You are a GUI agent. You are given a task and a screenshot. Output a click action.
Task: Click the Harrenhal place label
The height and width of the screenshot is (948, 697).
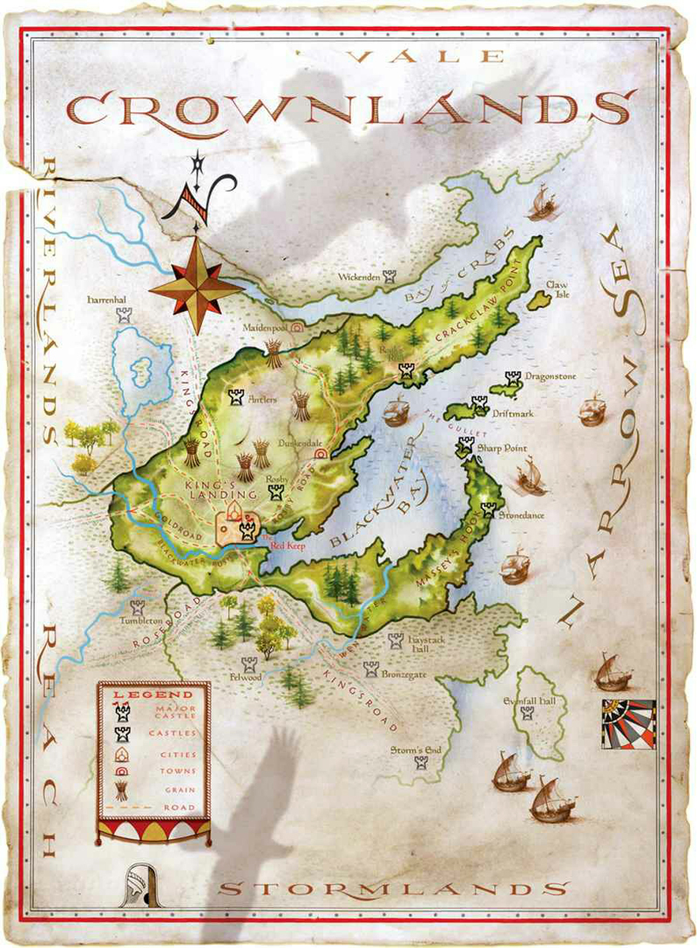pos(107,300)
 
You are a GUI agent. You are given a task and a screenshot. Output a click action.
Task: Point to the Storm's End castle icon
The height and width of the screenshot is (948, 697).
pos(422,763)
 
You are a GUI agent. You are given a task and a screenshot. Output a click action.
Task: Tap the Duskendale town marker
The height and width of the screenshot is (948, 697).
pos(320,453)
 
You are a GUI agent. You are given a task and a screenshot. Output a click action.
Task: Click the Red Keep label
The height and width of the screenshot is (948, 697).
pos(287,545)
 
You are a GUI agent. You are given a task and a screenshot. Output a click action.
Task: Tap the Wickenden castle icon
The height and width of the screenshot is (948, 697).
pos(389,277)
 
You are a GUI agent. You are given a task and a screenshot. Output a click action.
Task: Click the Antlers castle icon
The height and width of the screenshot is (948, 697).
pos(235,397)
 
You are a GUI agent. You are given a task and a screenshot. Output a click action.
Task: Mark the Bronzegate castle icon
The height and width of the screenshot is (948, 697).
pos(371,668)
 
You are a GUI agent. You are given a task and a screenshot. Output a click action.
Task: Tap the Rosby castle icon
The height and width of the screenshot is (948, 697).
pos(277,492)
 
